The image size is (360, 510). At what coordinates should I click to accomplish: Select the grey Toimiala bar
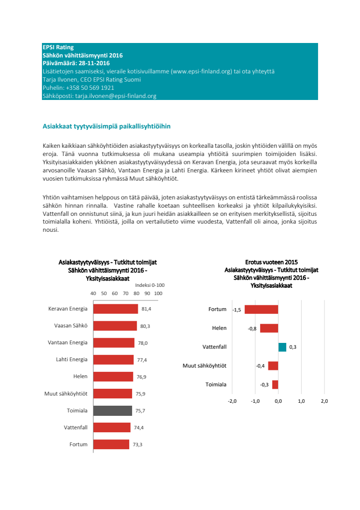click(x=112, y=411)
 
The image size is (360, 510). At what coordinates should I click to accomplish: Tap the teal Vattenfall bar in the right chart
click(x=282, y=347)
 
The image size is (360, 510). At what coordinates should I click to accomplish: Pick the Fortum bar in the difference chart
click(x=262, y=310)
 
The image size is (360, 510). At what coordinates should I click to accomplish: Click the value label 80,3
click(x=145, y=326)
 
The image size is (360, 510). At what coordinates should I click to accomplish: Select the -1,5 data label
click(x=236, y=310)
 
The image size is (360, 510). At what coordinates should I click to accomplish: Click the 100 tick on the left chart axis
click(x=158, y=293)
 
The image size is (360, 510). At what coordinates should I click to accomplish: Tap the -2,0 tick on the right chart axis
click(x=232, y=401)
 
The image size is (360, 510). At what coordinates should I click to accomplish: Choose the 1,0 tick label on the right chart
click(x=301, y=401)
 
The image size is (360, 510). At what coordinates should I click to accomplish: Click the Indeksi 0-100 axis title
click(x=150, y=285)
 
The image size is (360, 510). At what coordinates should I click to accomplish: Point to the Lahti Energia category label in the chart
click(x=71, y=359)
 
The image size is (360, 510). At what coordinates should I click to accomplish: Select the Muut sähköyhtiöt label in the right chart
click(x=205, y=366)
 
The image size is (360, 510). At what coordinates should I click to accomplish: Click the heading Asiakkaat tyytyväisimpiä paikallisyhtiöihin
click(x=107, y=127)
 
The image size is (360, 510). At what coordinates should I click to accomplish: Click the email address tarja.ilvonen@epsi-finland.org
click(x=115, y=96)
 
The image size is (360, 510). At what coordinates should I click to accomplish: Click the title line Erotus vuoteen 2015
click(x=271, y=262)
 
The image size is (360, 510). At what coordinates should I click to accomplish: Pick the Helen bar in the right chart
click(x=269, y=328)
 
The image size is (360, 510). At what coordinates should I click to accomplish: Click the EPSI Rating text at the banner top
click(x=58, y=47)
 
